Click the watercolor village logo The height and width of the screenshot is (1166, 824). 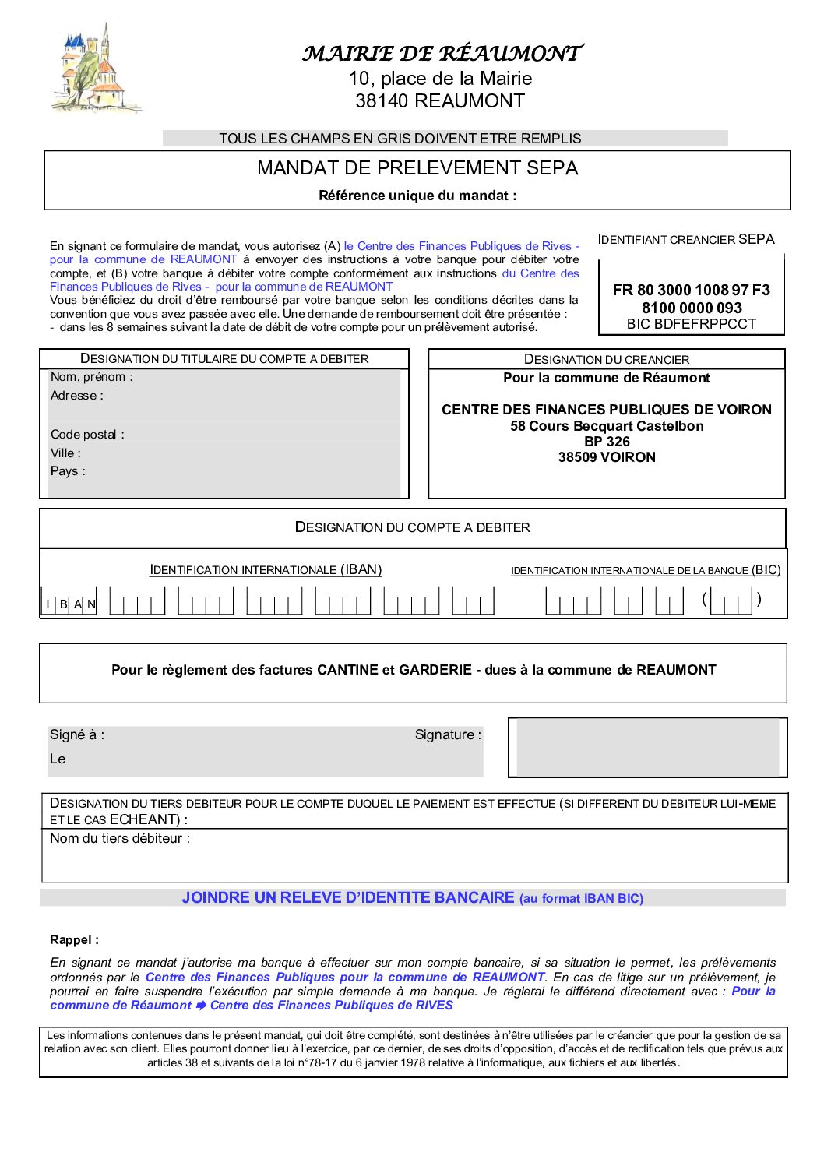96,71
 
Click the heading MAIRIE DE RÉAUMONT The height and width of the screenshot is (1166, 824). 442,53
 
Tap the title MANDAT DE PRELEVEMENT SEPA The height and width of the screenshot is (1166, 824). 417,168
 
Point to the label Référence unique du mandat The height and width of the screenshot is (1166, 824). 417,196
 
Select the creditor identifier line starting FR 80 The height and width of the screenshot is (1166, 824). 691,290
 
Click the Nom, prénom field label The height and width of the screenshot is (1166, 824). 91,377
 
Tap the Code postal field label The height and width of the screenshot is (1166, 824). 87,435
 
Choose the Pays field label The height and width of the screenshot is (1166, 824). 68,471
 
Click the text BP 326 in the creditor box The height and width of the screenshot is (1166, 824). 607,442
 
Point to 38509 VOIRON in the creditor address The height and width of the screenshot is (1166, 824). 607,457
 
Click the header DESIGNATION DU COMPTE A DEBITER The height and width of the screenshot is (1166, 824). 412,527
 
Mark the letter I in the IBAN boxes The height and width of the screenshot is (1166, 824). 48,604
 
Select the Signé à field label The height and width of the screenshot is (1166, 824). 76,734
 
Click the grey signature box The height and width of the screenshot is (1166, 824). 647,747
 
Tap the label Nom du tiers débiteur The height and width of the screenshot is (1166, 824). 119,839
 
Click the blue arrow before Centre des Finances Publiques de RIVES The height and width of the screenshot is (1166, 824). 201,1006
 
